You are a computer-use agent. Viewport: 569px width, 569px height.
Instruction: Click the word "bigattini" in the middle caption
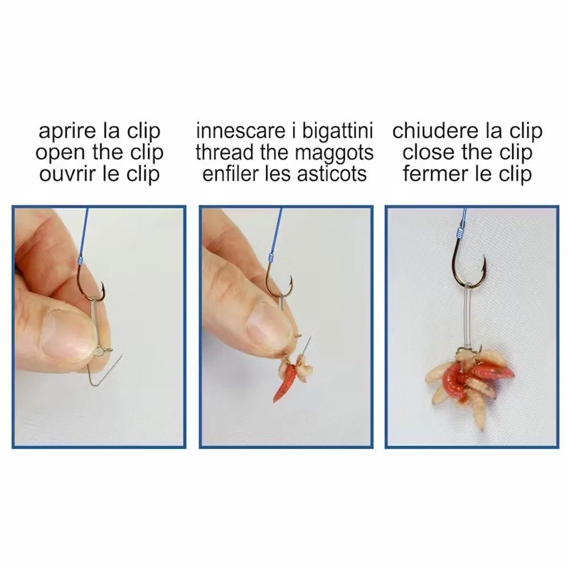337,131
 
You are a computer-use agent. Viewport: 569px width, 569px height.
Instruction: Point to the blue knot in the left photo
80,260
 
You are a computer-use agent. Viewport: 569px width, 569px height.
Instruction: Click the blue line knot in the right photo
460,232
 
